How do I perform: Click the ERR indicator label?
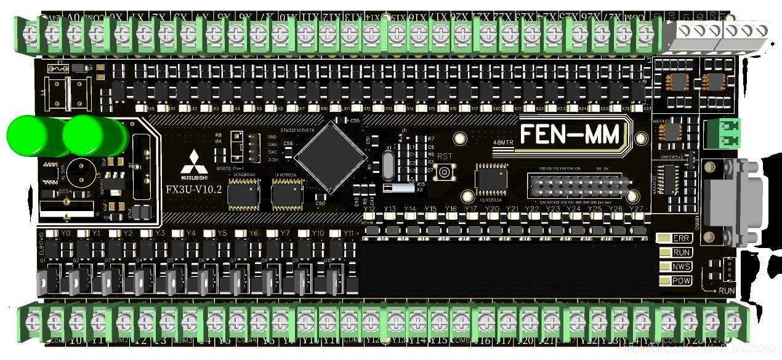[x=681, y=239]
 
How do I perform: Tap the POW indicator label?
[x=681, y=281]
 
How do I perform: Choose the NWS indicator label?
[x=681, y=266]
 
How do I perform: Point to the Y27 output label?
[x=635, y=209]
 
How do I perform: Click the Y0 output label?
[x=66, y=234]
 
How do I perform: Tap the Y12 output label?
[x=369, y=209]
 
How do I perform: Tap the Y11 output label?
[x=349, y=234]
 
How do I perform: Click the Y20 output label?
[x=492, y=209]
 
